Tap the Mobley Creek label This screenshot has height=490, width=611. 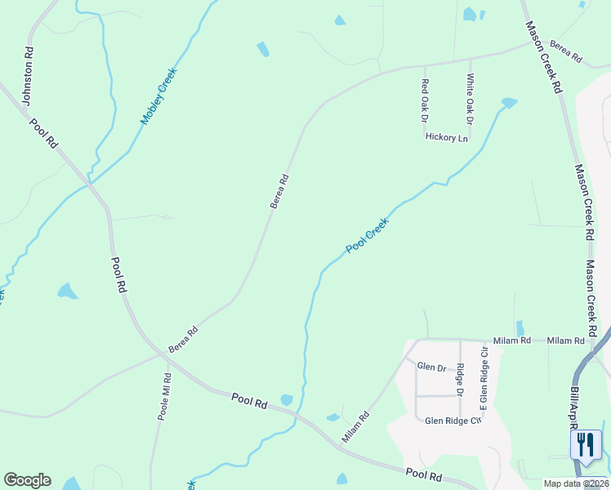pyautogui.click(x=158, y=96)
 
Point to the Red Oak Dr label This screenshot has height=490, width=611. pyautogui.click(x=425, y=101)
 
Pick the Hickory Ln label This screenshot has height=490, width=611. pyautogui.click(x=447, y=138)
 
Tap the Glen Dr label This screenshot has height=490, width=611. pyautogui.click(x=431, y=367)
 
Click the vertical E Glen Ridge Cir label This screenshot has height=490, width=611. pyautogui.click(x=484, y=381)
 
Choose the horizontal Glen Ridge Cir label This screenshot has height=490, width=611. pyautogui.click(x=448, y=421)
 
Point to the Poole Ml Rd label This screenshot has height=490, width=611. pyautogui.click(x=165, y=397)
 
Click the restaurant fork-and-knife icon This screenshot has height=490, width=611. pyautogui.click(x=586, y=444)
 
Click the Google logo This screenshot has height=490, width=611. pyautogui.click(x=27, y=480)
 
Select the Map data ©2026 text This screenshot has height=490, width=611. pyautogui.click(x=576, y=483)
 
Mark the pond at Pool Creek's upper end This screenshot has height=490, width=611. pyautogui.click(x=509, y=103)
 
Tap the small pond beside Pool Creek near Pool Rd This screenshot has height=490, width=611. pyautogui.click(x=287, y=399)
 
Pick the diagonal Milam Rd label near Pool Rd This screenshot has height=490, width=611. pyautogui.click(x=356, y=427)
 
